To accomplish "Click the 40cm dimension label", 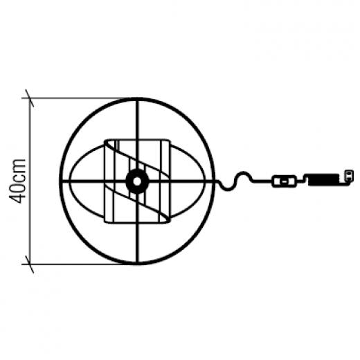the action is click(17, 181).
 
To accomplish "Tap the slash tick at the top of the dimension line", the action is click(30, 98).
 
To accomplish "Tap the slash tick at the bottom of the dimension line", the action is click(30, 264).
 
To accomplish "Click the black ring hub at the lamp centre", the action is click(137, 181).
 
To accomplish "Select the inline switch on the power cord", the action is click(284, 181).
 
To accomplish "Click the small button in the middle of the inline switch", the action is click(284, 181).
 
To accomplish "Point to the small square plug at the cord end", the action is click(349, 175).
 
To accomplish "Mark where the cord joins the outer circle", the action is click(215, 181).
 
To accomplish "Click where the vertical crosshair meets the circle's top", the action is click(138, 99).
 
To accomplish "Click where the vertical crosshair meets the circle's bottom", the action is click(137, 264).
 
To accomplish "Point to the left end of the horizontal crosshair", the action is click(61, 181).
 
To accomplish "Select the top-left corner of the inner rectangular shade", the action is click(105, 140).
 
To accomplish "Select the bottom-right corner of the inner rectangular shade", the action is click(170, 222).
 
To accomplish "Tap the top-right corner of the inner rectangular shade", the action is click(170, 140).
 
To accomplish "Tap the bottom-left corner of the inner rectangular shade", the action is click(105, 222).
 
